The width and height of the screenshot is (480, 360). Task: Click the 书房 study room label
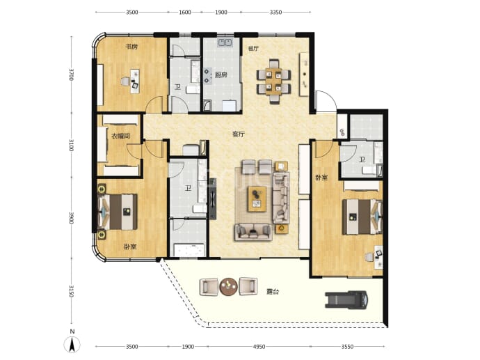[x=131, y=47]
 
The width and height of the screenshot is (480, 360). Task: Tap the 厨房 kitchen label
[x=221, y=75]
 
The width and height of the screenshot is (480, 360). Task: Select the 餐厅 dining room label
[x=253, y=49]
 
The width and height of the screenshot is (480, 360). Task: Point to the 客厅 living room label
[x=239, y=134]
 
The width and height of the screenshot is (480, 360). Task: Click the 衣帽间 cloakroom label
[x=120, y=136]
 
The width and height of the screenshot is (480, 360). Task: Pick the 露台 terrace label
[x=273, y=292]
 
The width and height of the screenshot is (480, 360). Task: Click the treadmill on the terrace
[x=346, y=299]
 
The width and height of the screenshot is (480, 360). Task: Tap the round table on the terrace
[x=228, y=287]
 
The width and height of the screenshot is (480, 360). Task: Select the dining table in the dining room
[x=273, y=81]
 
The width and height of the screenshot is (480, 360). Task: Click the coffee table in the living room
[x=257, y=199]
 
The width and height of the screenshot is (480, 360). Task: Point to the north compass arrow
[x=72, y=345]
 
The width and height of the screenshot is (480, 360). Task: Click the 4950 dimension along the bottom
[x=259, y=347]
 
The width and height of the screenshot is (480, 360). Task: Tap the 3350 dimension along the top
[x=275, y=13]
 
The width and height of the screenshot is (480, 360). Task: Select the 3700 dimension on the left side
[x=72, y=75]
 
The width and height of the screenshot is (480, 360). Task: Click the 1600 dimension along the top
[x=184, y=13]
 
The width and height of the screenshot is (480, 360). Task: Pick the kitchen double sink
[x=225, y=42]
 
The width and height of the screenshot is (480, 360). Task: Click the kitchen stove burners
[x=207, y=76]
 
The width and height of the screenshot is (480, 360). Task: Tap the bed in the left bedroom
[x=118, y=212]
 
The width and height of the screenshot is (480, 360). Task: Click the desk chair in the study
[x=125, y=81]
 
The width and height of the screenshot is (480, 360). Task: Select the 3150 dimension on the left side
[x=72, y=291]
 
